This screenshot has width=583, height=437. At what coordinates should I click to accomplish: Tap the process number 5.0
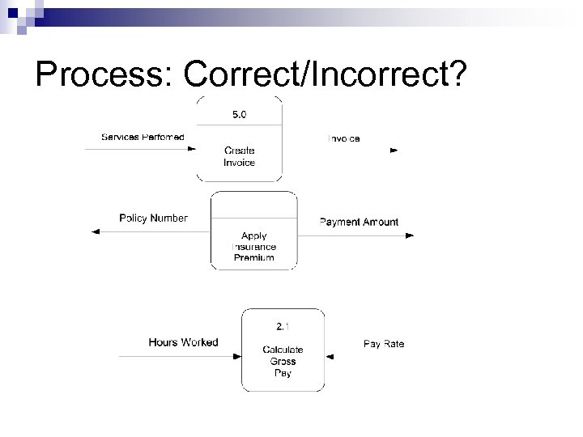pyautogui.click(x=240, y=115)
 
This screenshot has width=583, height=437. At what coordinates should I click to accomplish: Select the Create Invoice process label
pyautogui.click(x=239, y=157)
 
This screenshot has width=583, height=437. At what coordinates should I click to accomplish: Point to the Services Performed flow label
pyautogui.click(x=143, y=137)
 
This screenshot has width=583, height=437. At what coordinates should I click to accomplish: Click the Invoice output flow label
pyautogui.click(x=344, y=138)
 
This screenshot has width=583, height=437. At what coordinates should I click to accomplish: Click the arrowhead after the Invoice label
pyautogui.click(x=394, y=151)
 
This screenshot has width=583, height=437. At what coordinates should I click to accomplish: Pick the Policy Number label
pyautogui.click(x=153, y=218)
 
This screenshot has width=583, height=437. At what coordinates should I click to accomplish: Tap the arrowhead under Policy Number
pyautogui.click(x=96, y=232)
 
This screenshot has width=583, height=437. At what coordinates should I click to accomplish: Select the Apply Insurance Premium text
pyautogui.click(x=253, y=247)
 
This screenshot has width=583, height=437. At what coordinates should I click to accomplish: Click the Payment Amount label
pyautogui.click(x=359, y=222)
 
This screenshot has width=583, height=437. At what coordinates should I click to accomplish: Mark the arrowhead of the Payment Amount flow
pyautogui.click(x=410, y=235)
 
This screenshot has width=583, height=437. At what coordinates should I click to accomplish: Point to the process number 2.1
pyautogui.click(x=283, y=327)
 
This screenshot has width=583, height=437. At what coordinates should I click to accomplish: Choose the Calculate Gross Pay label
pyautogui.click(x=283, y=361)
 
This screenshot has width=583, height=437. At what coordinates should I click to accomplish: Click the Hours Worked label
pyautogui.click(x=183, y=342)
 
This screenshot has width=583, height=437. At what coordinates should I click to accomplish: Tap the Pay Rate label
pyautogui.click(x=384, y=344)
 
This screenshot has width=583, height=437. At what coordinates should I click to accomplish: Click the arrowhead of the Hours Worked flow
pyautogui.click(x=238, y=355)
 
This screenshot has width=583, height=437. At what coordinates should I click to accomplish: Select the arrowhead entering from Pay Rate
pyautogui.click(x=329, y=355)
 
